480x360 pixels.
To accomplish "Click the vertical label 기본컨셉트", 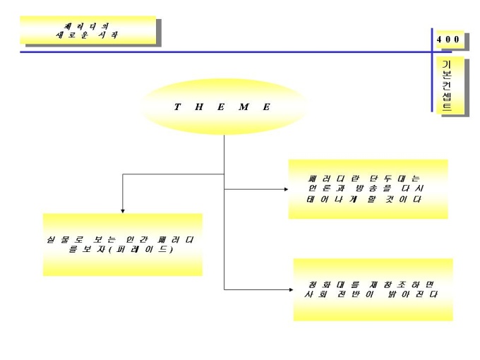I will tap(447, 86).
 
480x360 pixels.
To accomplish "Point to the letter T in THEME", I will tap(176, 107).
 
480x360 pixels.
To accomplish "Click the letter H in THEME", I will tap(199, 107).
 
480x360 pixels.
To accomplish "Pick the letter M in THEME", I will tap(244, 107).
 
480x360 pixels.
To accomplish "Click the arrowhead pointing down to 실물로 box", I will tap(123, 210).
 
